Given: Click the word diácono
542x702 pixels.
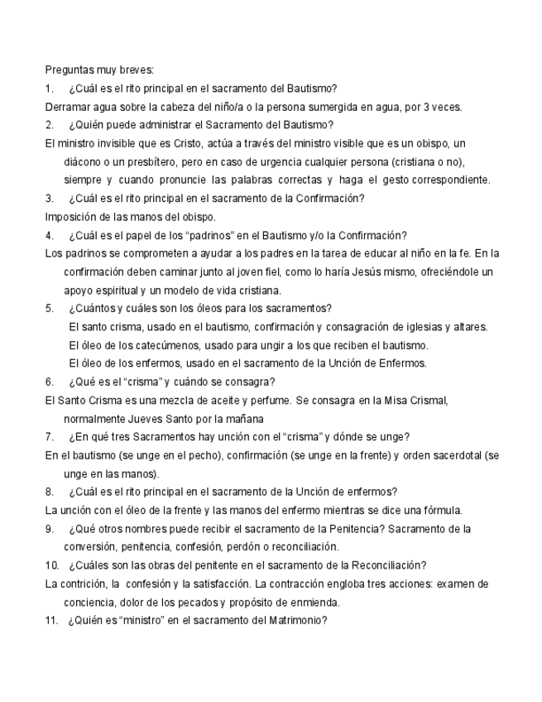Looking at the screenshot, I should click(85, 161).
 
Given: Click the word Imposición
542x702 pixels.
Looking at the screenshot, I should click(72, 217).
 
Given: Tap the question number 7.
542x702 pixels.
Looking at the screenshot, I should click(50, 436).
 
